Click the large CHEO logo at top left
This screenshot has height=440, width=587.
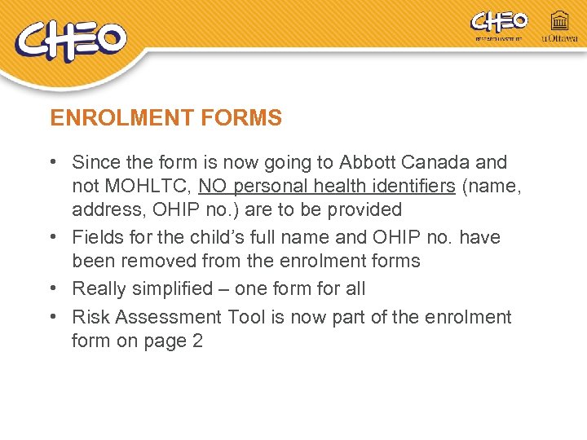point(71,41)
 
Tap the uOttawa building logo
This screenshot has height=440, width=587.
point(559,25)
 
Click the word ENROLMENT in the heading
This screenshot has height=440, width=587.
point(108,118)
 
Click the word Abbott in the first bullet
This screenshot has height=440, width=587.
point(372,163)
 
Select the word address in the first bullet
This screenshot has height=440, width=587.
point(102,209)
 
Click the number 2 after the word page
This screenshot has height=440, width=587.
point(196,341)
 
